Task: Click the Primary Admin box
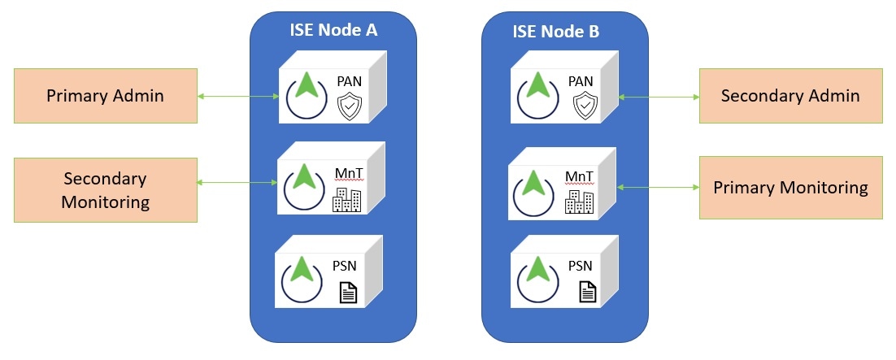click(x=105, y=96)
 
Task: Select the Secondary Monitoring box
click(x=105, y=189)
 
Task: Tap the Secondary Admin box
click(x=790, y=96)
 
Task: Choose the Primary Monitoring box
click(x=790, y=188)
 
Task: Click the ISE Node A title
click(x=333, y=31)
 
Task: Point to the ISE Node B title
click(x=556, y=31)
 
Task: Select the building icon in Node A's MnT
click(x=347, y=199)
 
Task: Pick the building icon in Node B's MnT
click(x=579, y=201)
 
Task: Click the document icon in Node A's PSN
click(x=347, y=291)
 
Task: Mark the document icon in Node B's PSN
click(x=587, y=291)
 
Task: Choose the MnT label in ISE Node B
click(x=577, y=176)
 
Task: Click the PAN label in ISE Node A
click(x=351, y=82)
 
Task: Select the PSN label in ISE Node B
click(x=579, y=266)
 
